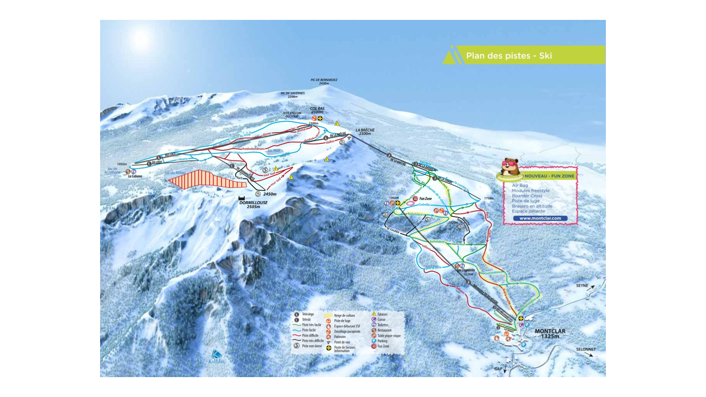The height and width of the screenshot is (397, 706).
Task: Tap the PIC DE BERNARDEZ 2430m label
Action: [x=324, y=81]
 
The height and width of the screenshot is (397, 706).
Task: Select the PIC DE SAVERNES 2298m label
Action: [x=293, y=95]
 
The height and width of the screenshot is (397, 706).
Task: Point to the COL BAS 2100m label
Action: [x=317, y=110]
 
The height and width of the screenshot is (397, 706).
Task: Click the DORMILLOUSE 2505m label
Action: [x=253, y=204]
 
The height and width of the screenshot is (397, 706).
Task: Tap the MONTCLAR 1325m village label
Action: [x=550, y=333]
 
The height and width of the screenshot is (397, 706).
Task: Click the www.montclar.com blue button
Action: [x=540, y=218]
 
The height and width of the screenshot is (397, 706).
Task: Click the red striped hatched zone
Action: [x=206, y=179]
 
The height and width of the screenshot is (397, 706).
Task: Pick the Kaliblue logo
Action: [x=216, y=357]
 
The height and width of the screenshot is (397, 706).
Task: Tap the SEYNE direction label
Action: [x=582, y=285]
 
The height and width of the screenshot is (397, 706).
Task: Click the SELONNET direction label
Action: [x=586, y=349]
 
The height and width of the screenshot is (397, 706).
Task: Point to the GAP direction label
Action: [x=498, y=369]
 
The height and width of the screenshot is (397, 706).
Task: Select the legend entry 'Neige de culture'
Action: [x=344, y=316]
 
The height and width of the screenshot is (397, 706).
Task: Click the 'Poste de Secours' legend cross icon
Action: [x=329, y=348]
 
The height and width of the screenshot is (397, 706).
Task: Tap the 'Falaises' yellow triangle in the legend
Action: [x=374, y=314]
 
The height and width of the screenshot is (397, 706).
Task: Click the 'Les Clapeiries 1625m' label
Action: [x=466, y=272]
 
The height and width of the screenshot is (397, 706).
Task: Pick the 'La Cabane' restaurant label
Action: [x=135, y=176]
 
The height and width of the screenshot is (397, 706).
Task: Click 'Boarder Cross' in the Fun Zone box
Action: [x=527, y=196]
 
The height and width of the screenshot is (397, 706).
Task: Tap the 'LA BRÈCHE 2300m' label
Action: [x=365, y=132]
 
